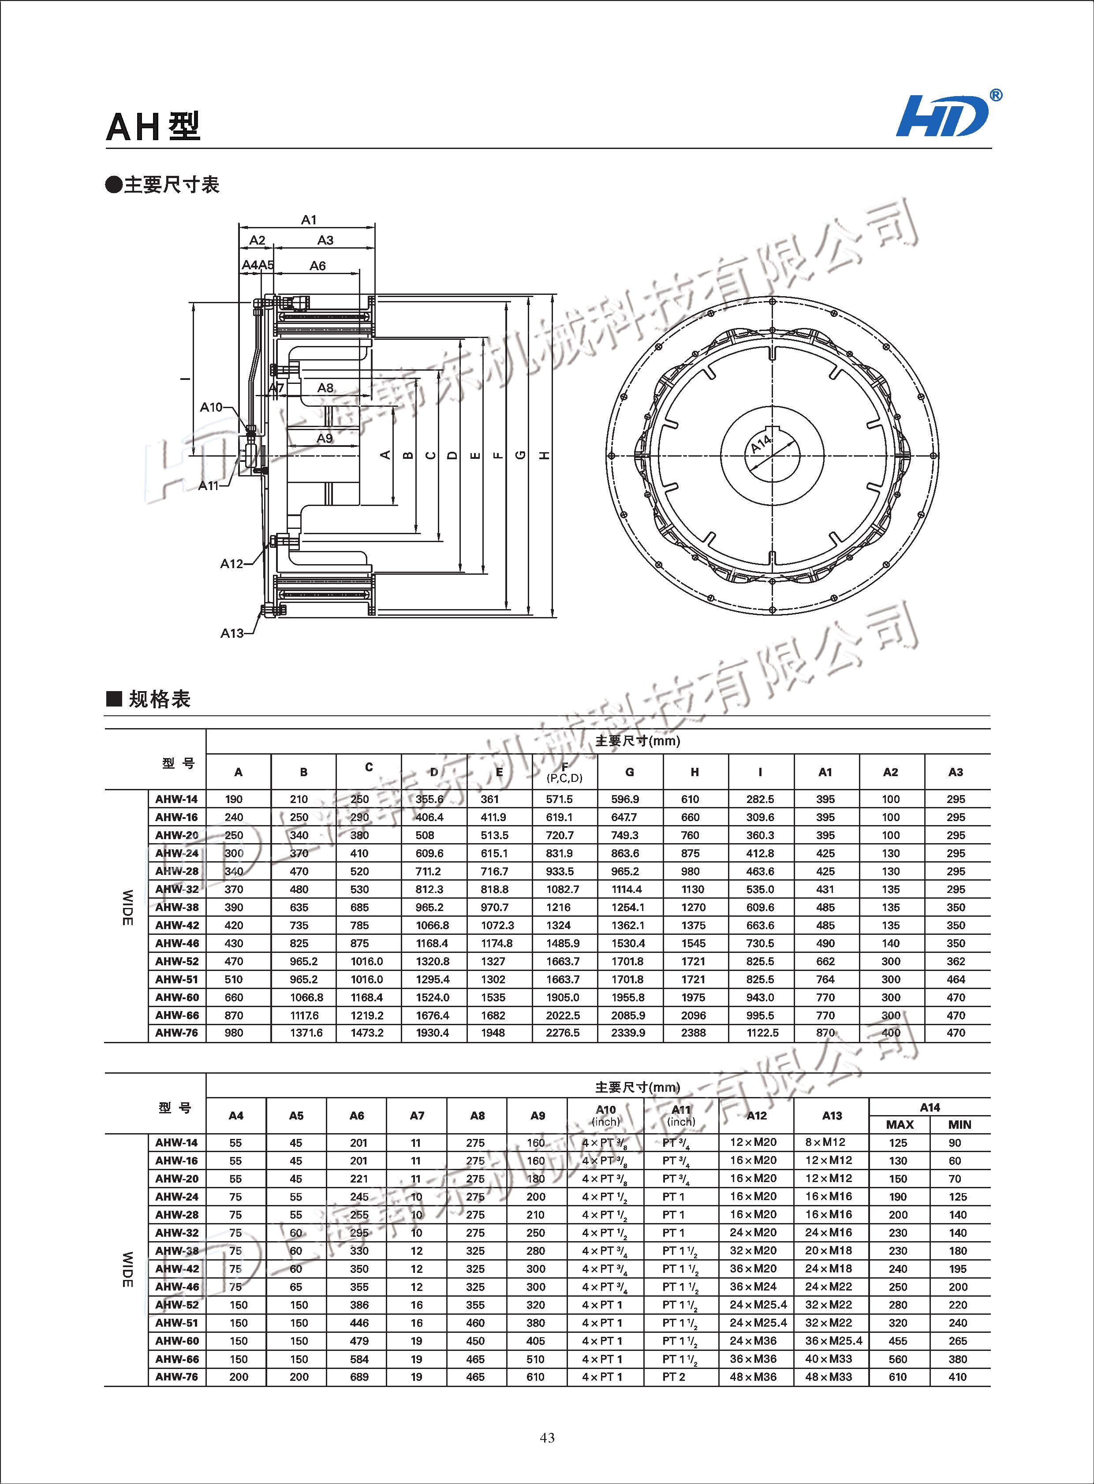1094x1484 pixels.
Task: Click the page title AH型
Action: [x=153, y=126]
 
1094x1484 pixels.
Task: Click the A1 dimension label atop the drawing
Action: [x=309, y=220]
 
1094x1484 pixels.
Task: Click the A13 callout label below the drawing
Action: [x=232, y=633]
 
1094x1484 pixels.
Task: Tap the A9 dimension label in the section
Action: [x=325, y=438]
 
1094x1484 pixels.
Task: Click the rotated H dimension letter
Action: [x=544, y=455]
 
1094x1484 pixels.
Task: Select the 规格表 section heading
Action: [x=159, y=699]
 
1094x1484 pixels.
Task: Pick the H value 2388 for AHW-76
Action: [x=693, y=1033]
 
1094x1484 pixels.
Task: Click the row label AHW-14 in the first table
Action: [x=176, y=799]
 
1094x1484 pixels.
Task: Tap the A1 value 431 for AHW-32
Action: [x=825, y=889]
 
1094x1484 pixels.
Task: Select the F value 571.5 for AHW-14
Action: [x=560, y=799]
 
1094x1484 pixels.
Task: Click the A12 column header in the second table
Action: [x=756, y=1116]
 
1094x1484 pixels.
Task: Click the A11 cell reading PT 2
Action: [x=673, y=1377]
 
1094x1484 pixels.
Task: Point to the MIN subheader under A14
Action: [x=959, y=1125]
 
